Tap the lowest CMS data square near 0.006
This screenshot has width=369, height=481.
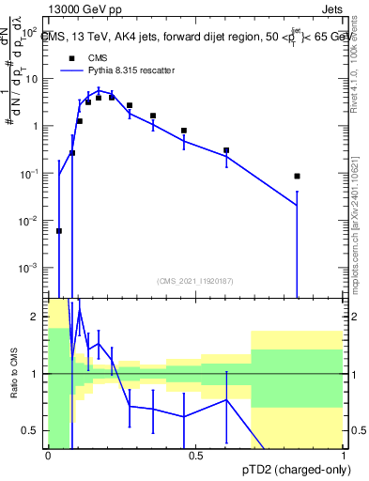coord(59,230)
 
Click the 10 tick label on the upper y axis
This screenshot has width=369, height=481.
coord(32,78)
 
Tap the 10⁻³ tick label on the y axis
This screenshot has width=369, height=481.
coord(30,268)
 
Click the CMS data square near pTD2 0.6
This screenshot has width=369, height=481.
coord(226,150)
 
